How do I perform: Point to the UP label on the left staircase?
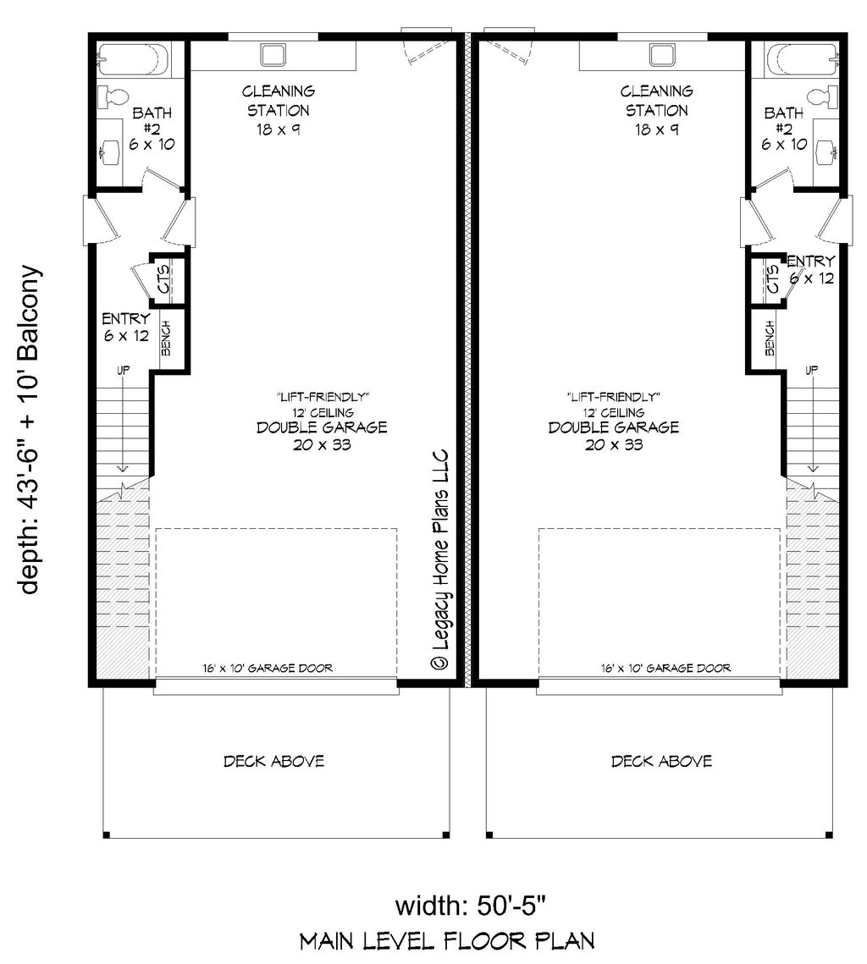[123, 370]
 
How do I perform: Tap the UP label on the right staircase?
[812, 370]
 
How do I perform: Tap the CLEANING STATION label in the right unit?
[657, 100]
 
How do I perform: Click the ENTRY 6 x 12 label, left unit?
[125, 327]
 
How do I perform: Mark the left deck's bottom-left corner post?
[106, 835]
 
